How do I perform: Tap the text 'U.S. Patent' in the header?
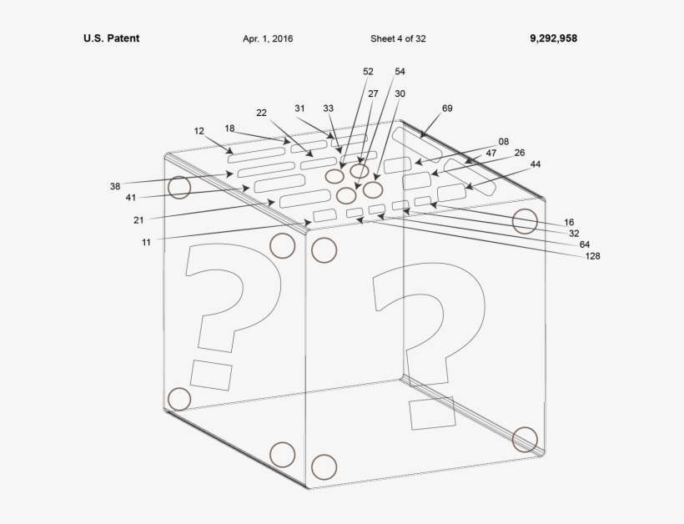(111, 38)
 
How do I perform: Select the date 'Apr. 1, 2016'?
(268, 38)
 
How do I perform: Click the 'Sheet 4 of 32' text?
(398, 38)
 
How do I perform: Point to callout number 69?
(447, 108)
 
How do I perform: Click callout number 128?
(592, 256)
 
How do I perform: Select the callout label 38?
(115, 186)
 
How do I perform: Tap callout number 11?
(146, 242)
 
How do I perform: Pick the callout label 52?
(368, 72)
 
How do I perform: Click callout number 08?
(503, 142)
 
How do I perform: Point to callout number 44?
(535, 164)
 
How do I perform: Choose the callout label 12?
(199, 131)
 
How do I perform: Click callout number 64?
(584, 244)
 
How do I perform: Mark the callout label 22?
(261, 113)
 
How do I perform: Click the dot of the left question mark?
(210, 375)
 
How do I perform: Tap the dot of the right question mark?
(432, 413)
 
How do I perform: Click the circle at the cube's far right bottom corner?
(525, 438)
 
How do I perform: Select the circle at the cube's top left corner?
(179, 187)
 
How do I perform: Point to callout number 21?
(138, 220)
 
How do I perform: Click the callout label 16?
(569, 223)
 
